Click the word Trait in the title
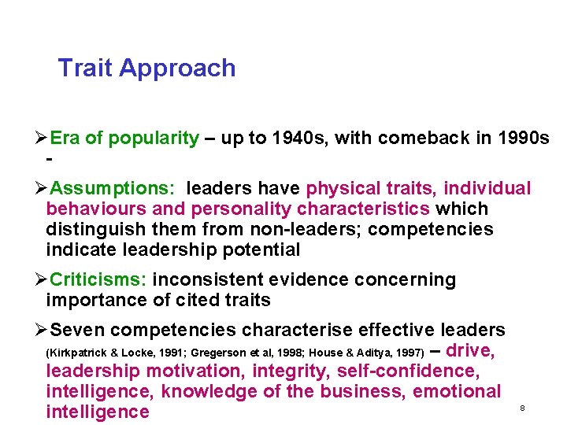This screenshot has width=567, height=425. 84,68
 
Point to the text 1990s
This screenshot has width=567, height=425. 524,139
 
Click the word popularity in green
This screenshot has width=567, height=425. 154,139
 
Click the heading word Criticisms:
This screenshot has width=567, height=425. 98,280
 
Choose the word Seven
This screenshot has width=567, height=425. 77,331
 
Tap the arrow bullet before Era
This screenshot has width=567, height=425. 42,139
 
